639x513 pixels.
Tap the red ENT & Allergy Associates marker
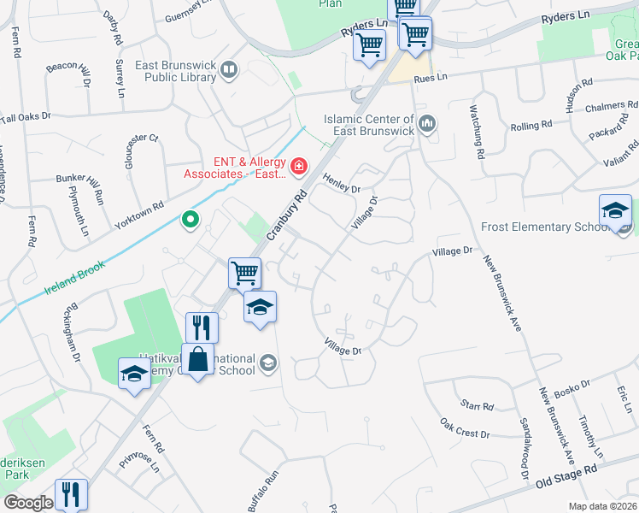[298, 166]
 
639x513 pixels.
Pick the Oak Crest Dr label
[465, 429]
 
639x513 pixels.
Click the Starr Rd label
[477, 404]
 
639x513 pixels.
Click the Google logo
[28, 503]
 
